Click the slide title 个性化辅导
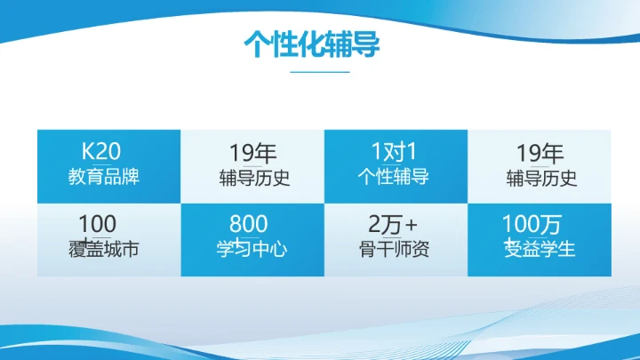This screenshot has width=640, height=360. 312,44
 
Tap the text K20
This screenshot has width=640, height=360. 100,148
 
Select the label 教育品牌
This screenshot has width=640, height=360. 104,176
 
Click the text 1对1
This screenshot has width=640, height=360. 394,148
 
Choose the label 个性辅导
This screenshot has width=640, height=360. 393,176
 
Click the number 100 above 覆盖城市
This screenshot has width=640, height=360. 98,223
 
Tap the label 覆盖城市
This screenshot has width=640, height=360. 103,249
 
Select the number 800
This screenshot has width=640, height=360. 248,223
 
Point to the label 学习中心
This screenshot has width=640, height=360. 252,249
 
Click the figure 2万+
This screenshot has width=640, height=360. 393,223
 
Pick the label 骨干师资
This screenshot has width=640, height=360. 393,249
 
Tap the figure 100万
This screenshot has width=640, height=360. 532,223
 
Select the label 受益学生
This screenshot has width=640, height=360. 540,249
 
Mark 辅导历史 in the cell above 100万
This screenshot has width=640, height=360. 541,178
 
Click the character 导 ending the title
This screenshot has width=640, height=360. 366,44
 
